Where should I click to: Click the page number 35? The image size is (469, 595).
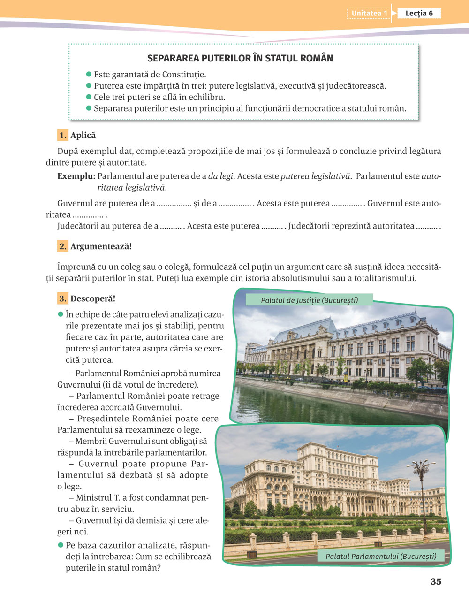[436, 581]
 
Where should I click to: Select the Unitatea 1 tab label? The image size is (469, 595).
[370, 13]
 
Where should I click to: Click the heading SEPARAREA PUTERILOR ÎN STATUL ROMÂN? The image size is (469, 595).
[240, 58]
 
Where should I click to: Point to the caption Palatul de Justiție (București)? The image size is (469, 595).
[309, 300]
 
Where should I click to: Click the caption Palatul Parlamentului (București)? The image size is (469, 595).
[381, 556]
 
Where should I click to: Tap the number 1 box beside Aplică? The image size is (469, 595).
[63, 135]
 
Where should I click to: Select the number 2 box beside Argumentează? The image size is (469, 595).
[63, 246]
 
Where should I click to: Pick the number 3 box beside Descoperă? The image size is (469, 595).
[63, 298]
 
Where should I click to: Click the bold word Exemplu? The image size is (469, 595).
[76, 176]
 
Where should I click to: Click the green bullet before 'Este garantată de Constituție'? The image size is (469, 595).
[89, 74]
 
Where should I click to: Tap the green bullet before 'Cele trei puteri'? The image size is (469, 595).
[89, 97]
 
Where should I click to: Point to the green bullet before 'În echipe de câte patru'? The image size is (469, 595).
[60, 314]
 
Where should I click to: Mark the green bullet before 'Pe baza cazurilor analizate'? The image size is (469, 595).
[60, 545]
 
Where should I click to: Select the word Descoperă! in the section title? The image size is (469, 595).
[93, 298]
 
